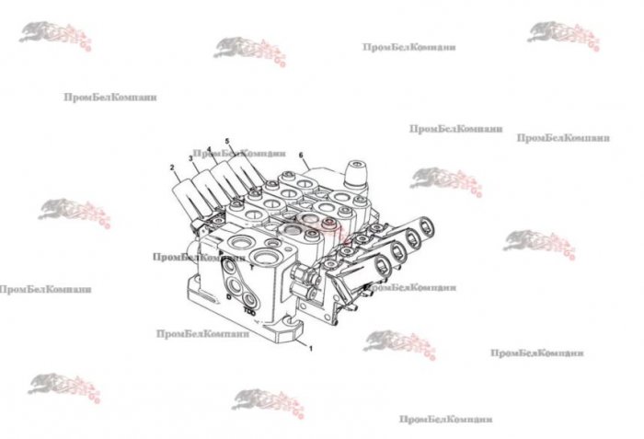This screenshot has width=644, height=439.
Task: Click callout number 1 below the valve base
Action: pos(311,349)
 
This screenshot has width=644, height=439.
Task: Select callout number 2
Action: pos(172,167)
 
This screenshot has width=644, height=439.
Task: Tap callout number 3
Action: pos(190,158)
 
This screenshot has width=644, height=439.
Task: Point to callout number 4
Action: pos(209,149)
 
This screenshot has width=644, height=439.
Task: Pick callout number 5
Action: pos(226,141)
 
